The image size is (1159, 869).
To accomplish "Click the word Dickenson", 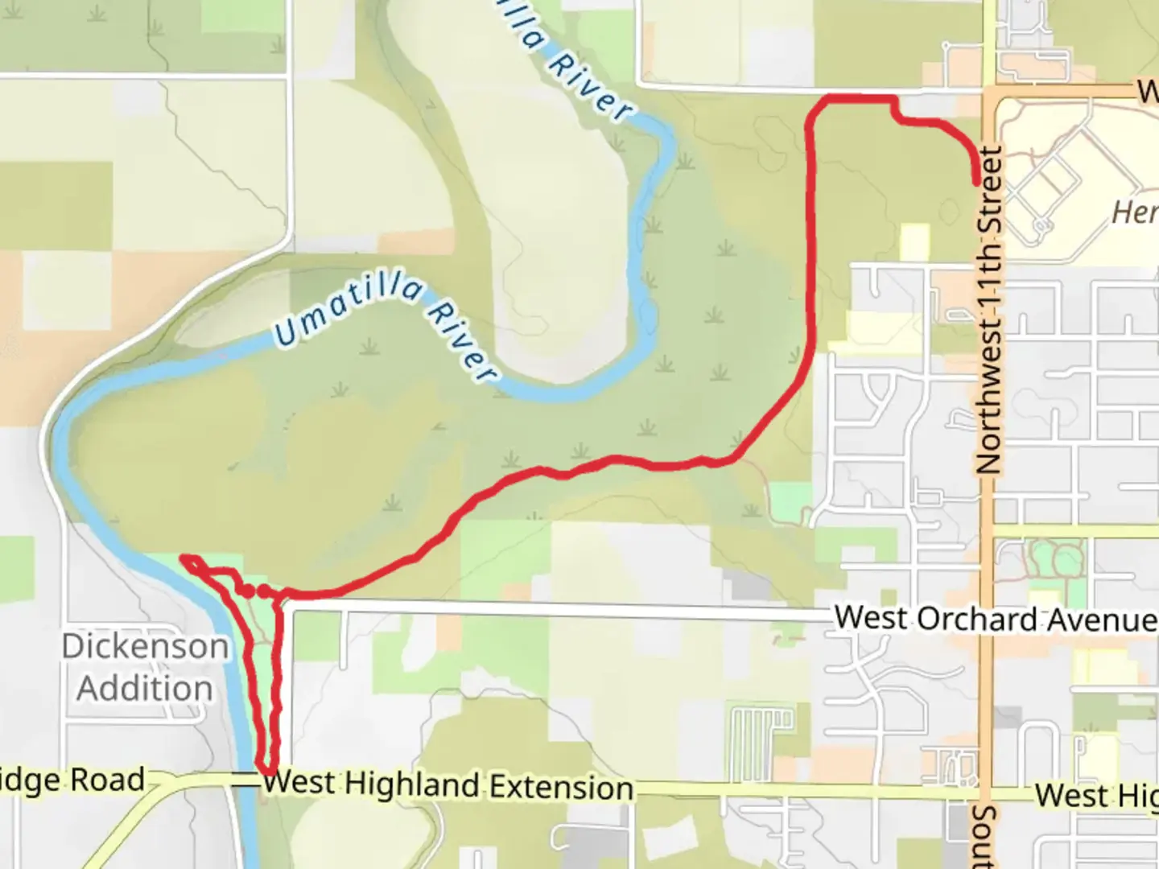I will point(145,646).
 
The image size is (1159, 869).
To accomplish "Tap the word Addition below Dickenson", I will point(145,689).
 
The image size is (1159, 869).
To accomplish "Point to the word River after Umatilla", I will point(462,340).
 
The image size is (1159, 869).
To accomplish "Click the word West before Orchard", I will point(872,617).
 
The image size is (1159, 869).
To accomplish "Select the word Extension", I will point(562,787).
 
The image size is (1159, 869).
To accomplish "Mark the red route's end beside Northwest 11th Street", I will point(977,182).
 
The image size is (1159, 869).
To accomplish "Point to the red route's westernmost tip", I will point(184,558).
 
